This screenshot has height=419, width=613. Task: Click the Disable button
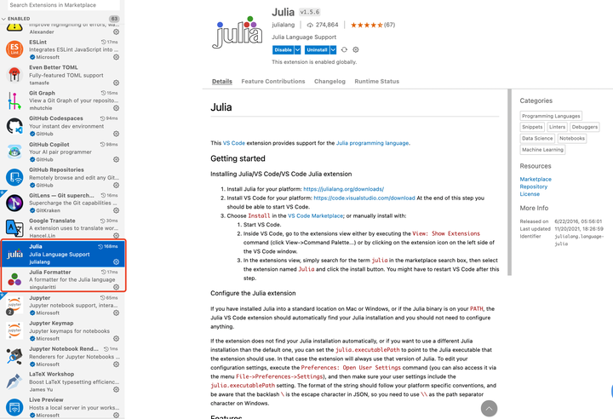pyautogui.click(x=283, y=49)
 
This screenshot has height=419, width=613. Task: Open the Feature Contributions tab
pyautogui.click(x=272, y=82)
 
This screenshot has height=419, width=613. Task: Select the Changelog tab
pyautogui.click(x=329, y=82)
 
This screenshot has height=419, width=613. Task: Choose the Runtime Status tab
pyautogui.click(x=376, y=82)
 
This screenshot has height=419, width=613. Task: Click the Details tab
pyautogui.click(x=222, y=82)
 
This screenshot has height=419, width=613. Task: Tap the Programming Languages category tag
pyautogui.click(x=551, y=116)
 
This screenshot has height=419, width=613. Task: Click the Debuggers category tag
pyautogui.click(x=585, y=127)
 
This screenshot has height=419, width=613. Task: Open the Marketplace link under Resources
pyautogui.click(x=536, y=179)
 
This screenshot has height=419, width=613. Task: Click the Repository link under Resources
pyautogui.click(x=535, y=187)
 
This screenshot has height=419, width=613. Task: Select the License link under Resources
pyautogui.click(x=530, y=194)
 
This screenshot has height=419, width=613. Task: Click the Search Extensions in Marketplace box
pyautogui.click(x=61, y=5)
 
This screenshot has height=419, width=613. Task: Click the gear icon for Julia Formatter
pyautogui.click(x=117, y=286)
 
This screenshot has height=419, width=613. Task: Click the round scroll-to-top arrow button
pyautogui.click(x=489, y=408)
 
